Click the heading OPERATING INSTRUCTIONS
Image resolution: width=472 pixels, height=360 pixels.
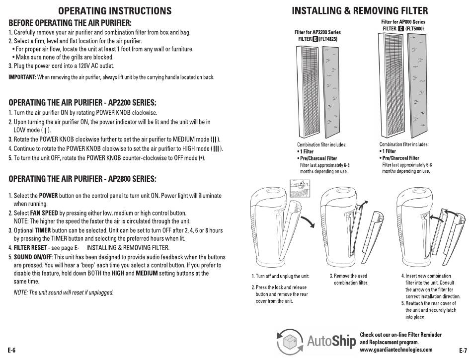115,11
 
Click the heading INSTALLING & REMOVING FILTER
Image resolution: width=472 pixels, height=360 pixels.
359,11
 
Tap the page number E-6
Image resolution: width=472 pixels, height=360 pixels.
11,350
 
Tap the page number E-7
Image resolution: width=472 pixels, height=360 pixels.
463,350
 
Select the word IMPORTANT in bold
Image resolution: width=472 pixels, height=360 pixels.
22,77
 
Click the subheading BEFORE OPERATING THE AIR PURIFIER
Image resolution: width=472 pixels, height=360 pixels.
70,23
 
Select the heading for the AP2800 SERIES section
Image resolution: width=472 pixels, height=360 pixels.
82,178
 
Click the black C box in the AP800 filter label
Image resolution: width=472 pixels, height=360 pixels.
400,29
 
